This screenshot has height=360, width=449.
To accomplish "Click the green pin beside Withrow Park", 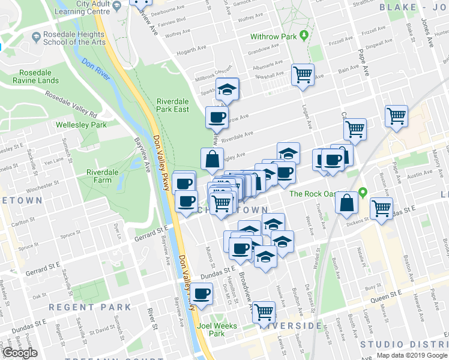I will pyautogui.click(x=304, y=36).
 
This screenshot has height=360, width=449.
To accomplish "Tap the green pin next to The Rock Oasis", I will pyautogui.click(x=363, y=193).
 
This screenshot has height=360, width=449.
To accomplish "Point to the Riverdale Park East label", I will pyautogui.click(x=172, y=105).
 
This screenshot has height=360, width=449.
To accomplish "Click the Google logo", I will pyautogui.click(x=20, y=353).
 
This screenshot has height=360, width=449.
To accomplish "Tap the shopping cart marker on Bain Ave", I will pyautogui.click(x=303, y=75).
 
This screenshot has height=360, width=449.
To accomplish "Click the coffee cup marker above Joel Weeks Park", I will pyautogui.click(x=202, y=294).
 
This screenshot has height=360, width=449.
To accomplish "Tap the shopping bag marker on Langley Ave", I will pyautogui.click(x=212, y=159).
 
